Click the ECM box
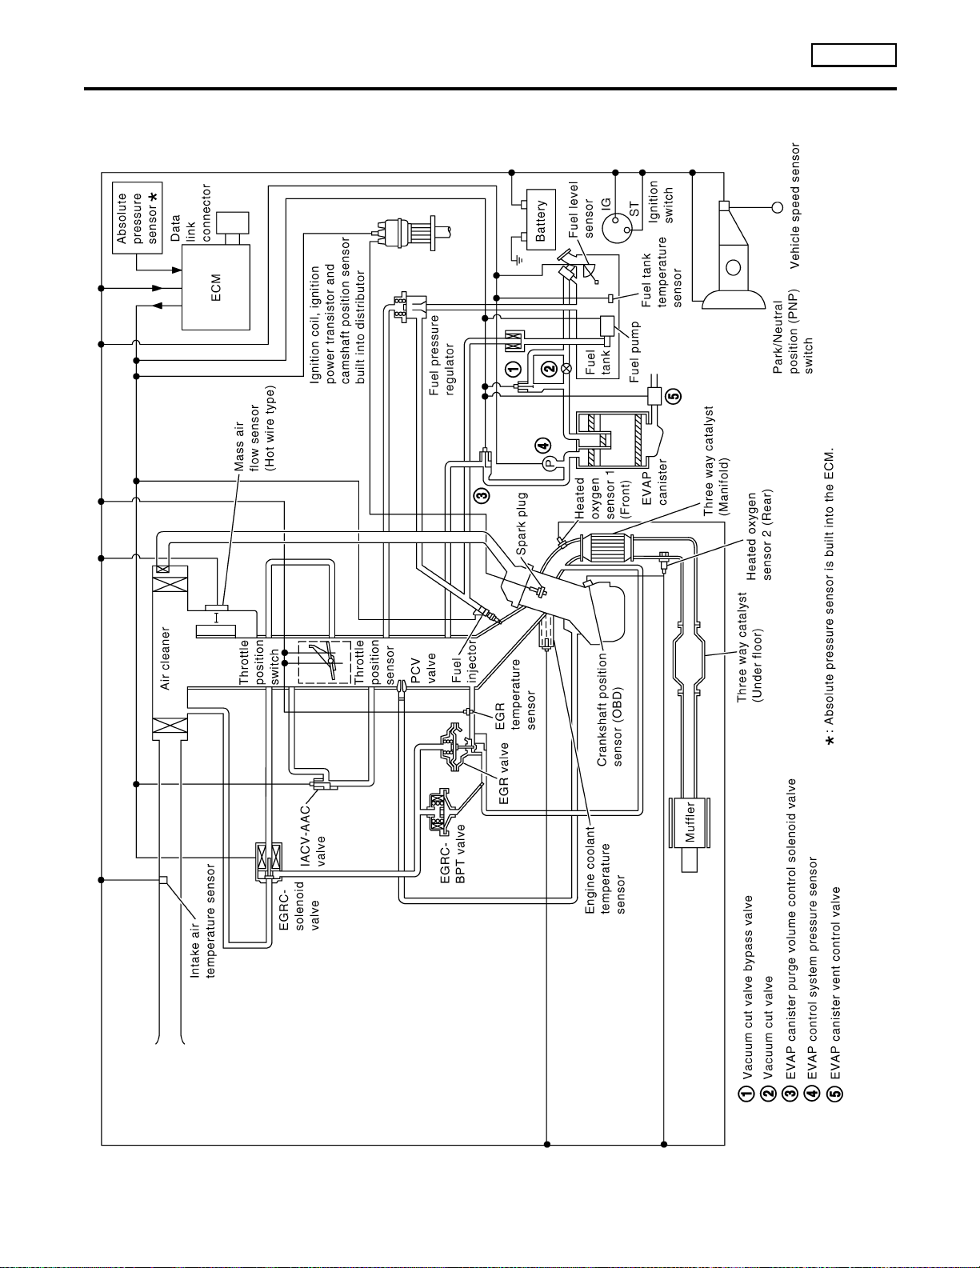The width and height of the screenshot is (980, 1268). (216, 287)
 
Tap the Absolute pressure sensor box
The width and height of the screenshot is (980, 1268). (137, 218)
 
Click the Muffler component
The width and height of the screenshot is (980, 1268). (690, 822)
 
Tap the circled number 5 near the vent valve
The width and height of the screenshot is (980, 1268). (673, 397)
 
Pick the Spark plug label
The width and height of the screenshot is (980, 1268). (521, 523)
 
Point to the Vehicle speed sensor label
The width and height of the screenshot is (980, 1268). (794, 206)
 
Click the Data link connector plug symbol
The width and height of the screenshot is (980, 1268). (232, 228)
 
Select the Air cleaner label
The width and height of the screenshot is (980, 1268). (165, 658)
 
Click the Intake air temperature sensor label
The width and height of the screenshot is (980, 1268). (202, 920)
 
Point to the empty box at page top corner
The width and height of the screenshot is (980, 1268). (854, 55)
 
